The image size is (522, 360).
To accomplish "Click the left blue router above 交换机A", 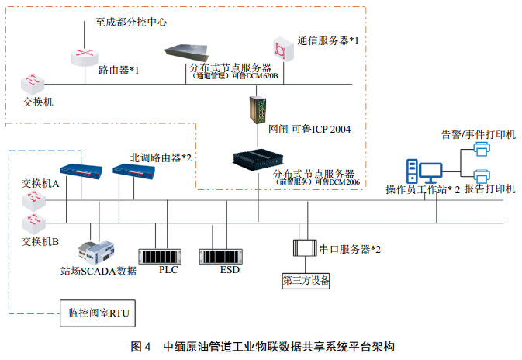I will pyautogui.click(x=80, y=170).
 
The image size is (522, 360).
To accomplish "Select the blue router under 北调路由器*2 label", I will pyautogui.click(x=131, y=170).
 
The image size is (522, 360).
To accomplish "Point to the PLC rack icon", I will pyautogui.click(x=160, y=256).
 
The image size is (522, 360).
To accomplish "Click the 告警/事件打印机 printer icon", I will pyautogui.click(x=482, y=148).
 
